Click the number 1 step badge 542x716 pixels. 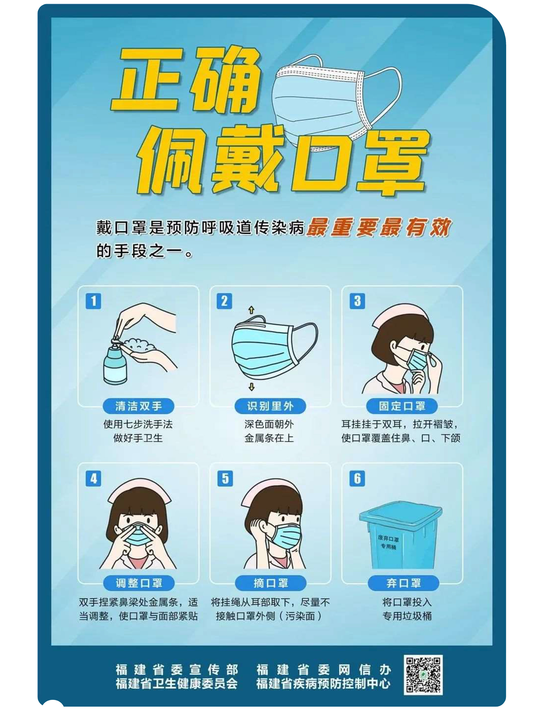coord(93,301)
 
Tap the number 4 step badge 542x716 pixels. coord(93,478)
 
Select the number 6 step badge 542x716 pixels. coord(357,478)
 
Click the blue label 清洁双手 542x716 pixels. coord(139,406)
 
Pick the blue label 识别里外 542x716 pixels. coord(270,406)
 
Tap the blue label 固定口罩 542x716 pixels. coord(402,406)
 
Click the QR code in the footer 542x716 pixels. coord(423,674)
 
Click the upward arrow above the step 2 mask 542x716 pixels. coord(251,310)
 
